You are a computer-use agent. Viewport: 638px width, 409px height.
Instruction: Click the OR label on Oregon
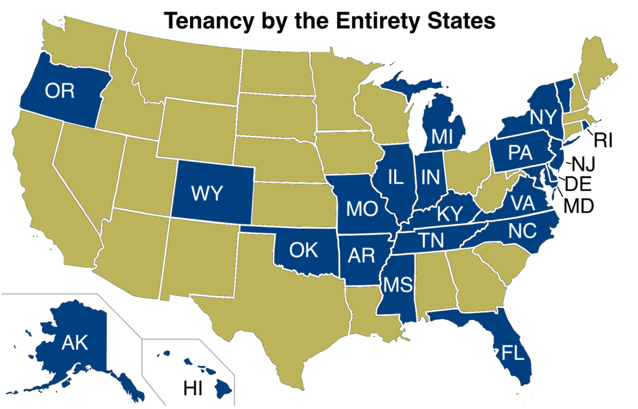(x=60, y=91)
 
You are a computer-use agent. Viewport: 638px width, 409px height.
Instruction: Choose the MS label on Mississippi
(x=398, y=284)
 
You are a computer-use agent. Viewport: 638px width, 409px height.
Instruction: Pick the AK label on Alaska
(x=74, y=342)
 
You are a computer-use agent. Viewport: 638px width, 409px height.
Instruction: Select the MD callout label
(x=579, y=204)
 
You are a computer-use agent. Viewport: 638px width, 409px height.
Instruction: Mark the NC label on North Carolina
(x=522, y=231)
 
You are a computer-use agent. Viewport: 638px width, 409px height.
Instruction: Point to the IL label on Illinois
(x=395, y=177)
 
